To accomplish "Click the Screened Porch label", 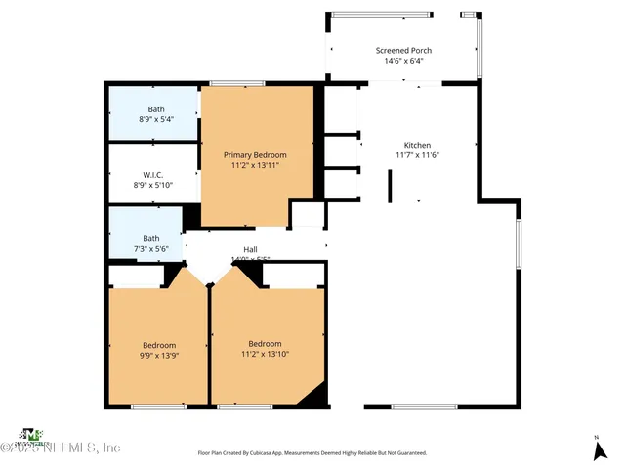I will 403,51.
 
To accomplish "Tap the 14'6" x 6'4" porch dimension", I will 403,61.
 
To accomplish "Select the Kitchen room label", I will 418,145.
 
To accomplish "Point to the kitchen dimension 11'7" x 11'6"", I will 418,155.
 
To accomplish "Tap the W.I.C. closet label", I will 151,174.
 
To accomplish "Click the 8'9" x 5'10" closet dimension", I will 151,185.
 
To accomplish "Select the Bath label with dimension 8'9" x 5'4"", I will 156,109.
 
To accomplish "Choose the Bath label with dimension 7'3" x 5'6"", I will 151,238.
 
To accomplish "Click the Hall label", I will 250,249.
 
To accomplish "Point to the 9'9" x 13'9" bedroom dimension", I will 158,356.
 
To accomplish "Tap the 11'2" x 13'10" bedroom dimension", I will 265,355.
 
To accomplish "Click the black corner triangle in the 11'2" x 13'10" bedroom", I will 314,395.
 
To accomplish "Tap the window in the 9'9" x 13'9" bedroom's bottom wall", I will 158,405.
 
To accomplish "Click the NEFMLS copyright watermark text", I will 61,448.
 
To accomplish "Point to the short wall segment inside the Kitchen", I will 391,186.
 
